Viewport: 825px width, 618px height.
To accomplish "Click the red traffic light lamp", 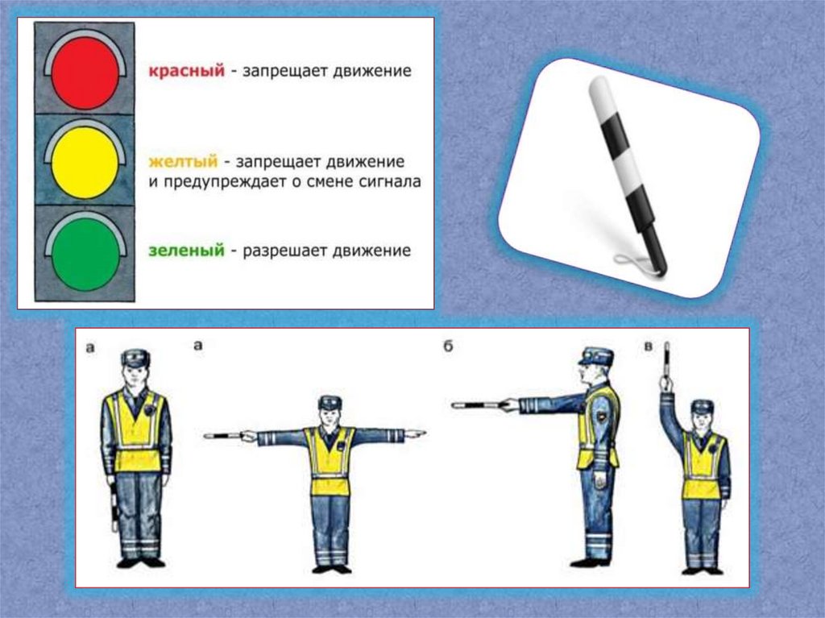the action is [85, 73].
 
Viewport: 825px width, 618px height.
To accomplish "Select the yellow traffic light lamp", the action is [85, 163].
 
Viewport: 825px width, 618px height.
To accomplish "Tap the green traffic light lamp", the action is [85, 254].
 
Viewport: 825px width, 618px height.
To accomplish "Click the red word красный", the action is [186, 71].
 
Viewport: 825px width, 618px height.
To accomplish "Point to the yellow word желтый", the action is [183, 161].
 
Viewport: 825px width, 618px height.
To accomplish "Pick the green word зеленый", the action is [186, 250].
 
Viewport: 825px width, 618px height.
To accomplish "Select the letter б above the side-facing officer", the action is [448, 347].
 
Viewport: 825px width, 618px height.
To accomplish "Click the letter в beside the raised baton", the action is [649, 346].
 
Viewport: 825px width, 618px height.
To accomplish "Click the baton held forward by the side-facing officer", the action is [478, 405].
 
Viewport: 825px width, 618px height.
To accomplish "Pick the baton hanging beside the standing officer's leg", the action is [113, 506].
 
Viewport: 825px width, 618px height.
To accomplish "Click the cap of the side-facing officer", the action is [596, 356].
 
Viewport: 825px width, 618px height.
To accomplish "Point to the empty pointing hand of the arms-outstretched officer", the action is [415, 434].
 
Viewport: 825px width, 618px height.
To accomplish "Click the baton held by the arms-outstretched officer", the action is [224, 436].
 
